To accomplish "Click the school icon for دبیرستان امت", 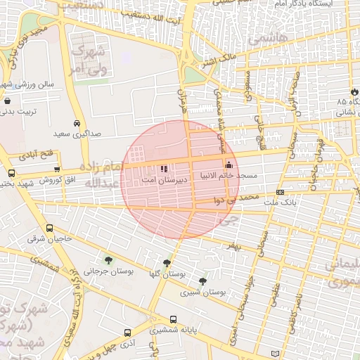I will [164, 169].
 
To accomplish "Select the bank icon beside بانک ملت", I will [280, 192].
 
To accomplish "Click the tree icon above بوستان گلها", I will [166, 263].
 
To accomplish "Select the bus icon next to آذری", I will [127, 333].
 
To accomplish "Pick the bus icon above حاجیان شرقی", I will [49, 229].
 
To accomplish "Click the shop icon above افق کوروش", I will [57, 169].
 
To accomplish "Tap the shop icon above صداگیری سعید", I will [77, 122].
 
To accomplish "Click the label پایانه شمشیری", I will [179, 328].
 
